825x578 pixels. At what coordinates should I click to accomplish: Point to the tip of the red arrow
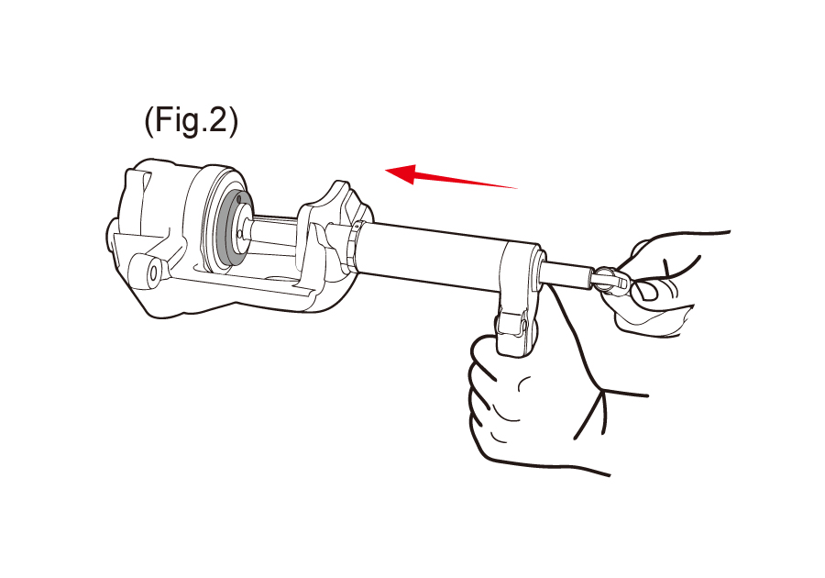tap(386, 170)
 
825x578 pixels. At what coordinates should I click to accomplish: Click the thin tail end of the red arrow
tap(518, 187)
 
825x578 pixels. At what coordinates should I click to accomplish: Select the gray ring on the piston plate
tap(229, 229)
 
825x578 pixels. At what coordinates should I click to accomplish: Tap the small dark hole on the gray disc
tap(239, 199)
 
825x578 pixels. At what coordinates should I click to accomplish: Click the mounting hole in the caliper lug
tap(154, 272)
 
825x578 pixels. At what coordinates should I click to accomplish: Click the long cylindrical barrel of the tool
tap(431, 257)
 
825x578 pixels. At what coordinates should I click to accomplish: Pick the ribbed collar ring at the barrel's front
tap(353, 248)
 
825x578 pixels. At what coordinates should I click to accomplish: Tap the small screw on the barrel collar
tap(357, 227)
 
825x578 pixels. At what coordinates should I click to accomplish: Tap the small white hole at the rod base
tap(240, 233)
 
